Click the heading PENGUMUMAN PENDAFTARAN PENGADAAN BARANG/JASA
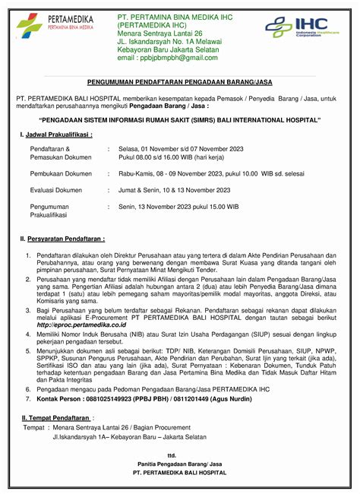pos(179,82)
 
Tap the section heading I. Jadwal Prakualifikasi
pos(56,135)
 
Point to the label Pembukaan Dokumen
pos(61,173)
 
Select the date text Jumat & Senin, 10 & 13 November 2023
pos(174,190)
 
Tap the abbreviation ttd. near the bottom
pos(179,454)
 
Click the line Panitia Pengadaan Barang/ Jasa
pos(179,463)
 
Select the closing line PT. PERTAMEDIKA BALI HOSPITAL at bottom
pos(179,472)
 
